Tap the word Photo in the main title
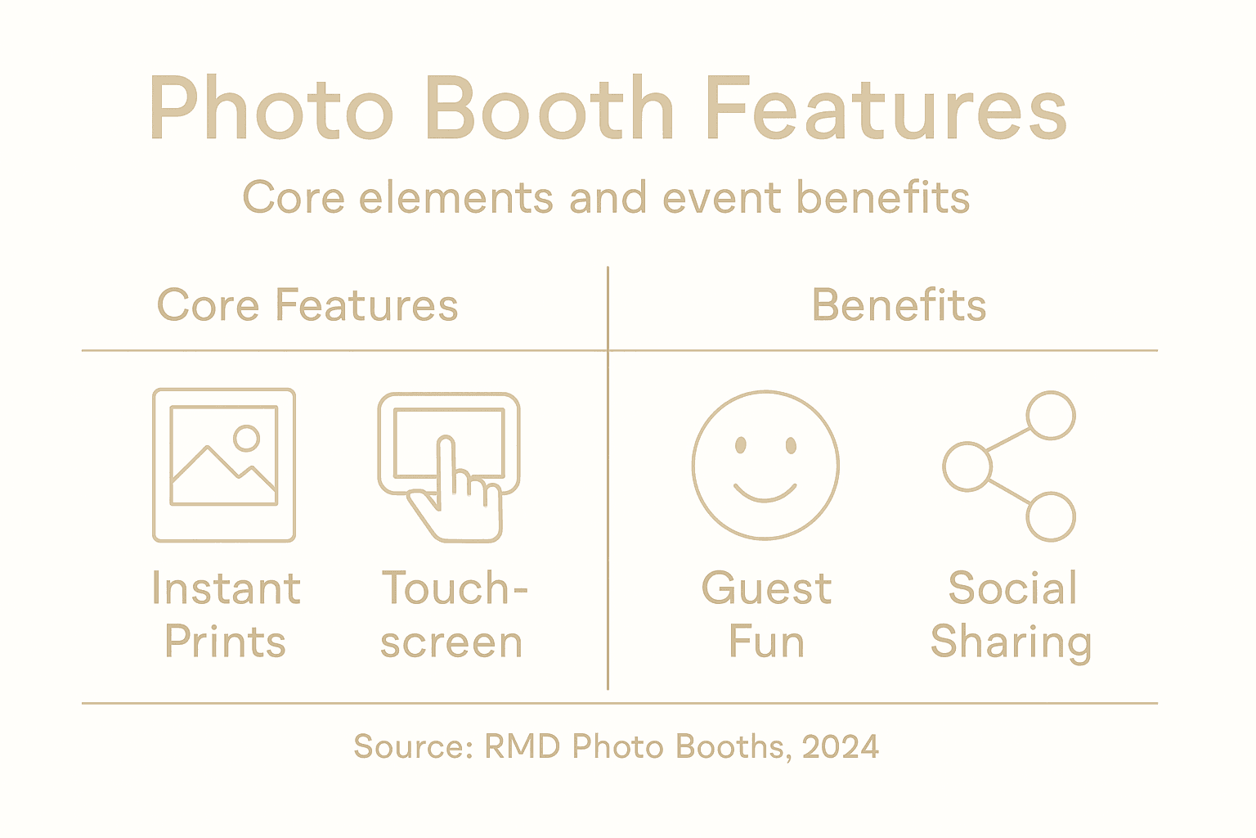[x=271, y=109]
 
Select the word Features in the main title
[x=886, y=109]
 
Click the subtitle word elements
[x=456, y=198]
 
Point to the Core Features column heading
[x=307, y=305]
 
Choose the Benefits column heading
[x=899, y=305]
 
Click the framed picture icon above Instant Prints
[x=224, y=465]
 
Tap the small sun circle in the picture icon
[x=246, y=438]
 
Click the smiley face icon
[x=765, y=465]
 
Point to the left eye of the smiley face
[x=741, y=445]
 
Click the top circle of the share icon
[x=1051, y=415]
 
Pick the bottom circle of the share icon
[x=1051, y=516]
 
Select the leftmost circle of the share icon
[x=967, y=466]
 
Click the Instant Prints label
[x=226, y=615]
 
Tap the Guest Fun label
[x=766, y=615]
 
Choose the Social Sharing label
[x=1012, y=615]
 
